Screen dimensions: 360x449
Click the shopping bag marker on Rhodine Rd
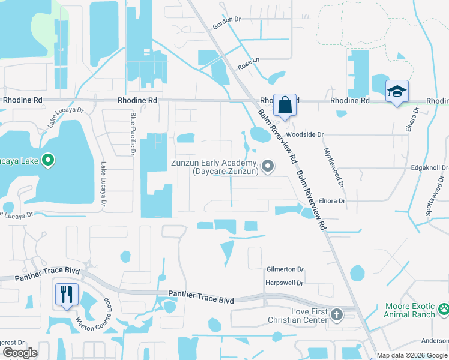285,105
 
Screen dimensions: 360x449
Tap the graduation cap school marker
397,91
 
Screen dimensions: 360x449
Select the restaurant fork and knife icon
66,294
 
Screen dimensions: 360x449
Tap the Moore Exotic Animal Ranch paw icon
443,310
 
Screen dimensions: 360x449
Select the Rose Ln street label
247,61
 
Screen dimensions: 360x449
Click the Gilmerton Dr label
285,270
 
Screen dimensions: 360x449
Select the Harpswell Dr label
285,283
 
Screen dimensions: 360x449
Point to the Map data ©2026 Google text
411,356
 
